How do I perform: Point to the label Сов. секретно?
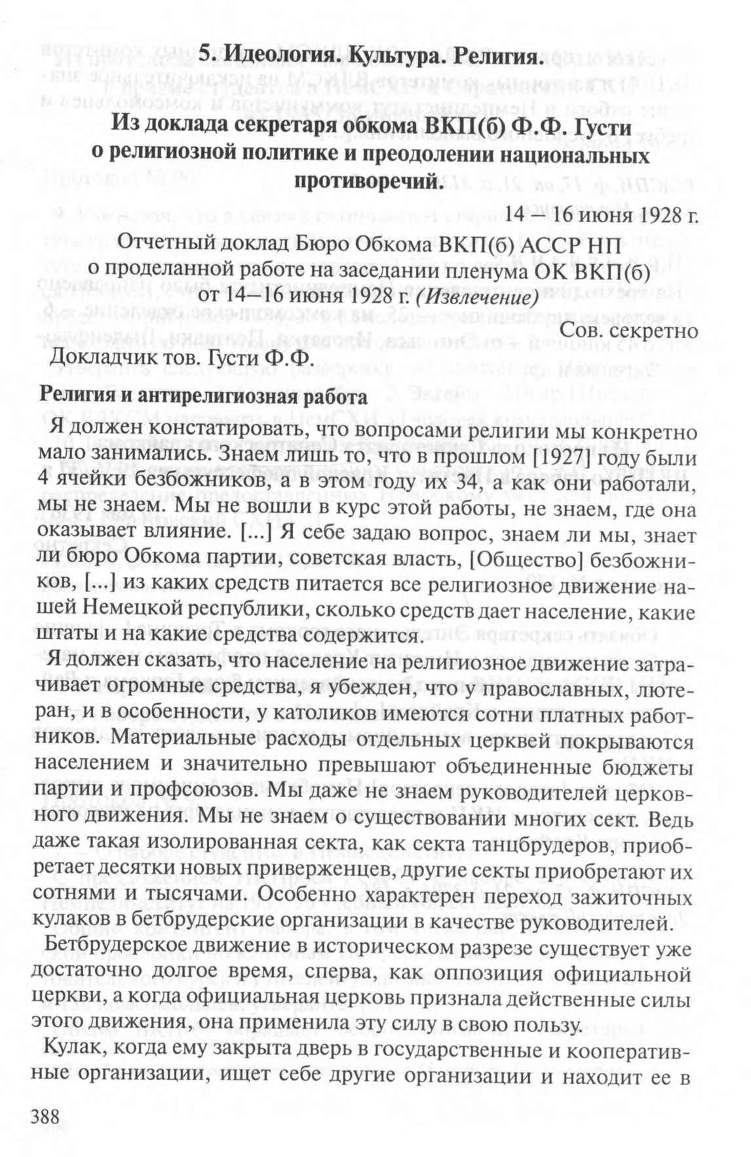630,331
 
